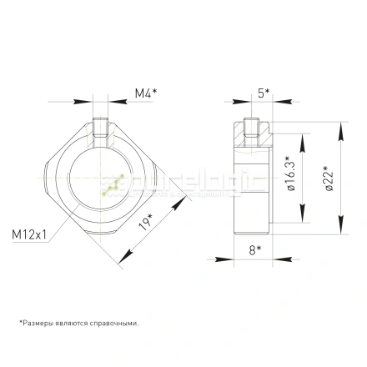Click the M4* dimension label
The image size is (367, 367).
[147, 94]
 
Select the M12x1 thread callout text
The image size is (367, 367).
[29, 235]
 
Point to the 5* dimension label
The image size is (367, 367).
[262, 94]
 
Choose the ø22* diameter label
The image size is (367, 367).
[329, 178]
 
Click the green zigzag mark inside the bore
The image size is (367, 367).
[112, 183]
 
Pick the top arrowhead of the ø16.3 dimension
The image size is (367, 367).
[302, 143]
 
